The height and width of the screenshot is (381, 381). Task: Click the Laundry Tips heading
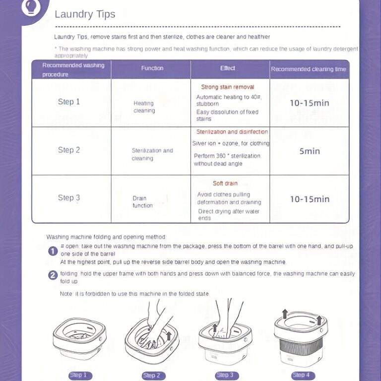[x=85, y=14]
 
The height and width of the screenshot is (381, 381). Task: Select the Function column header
[x=152, y=68]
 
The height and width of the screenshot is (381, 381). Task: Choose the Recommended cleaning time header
[x=309, y=69]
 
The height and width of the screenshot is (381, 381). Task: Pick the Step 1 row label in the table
[x=69, y=102]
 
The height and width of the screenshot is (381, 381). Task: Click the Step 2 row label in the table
[x=69, y=150]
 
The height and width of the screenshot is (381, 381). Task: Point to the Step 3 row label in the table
[x=69, y=198]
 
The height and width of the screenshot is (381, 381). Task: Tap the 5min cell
[x=310, y=151]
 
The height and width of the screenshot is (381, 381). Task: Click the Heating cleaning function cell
[x=144, y=107]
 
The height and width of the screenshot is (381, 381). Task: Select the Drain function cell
[x=142, y=202]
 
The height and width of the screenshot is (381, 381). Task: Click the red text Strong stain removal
[x=228, y=87]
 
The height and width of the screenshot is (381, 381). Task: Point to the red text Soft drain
[x=225, y=184]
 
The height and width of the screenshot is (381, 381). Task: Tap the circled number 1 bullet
[x=53, y=251]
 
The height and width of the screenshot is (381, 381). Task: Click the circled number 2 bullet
[x=53, y=276]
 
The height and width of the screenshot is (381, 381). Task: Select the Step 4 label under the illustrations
[x=301, y=375]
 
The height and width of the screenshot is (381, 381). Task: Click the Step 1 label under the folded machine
[x=78, y=375]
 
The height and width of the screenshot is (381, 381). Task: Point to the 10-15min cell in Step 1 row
[x=310, y=103]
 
